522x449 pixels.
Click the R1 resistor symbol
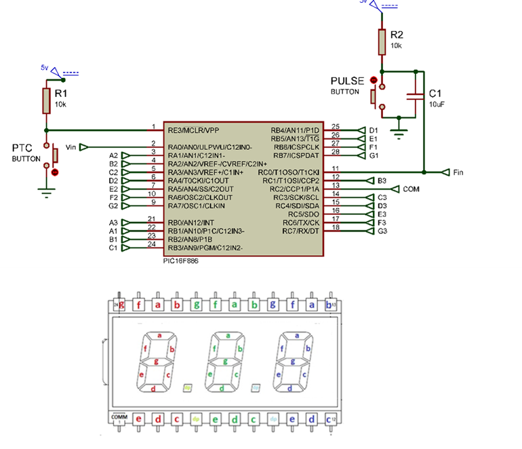(x=46, y=100)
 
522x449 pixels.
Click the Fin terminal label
(x=458, y=172)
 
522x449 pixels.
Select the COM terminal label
(x=411, y=189)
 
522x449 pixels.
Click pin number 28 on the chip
(x=335, y=152)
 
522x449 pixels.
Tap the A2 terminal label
(x=113, y=155)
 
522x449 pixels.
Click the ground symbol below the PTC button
(x=46, y=193)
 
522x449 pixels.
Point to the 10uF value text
(x=437, y=104)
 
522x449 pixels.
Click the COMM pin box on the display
(x=119, y=418)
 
